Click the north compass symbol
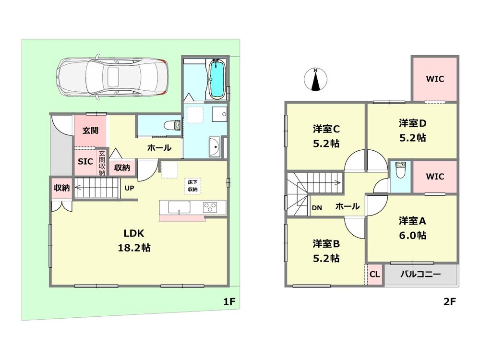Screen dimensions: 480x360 pos(315,80)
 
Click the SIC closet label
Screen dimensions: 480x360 pos(85,161)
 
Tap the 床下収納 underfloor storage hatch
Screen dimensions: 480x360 pos(192,186)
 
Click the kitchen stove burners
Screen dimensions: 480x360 pos(211,207)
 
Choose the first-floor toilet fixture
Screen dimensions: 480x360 pos(170,126)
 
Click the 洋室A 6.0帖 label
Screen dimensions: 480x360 pos(412,228)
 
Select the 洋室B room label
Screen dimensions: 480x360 pos(326,250)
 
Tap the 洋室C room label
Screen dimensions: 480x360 pos(326,136)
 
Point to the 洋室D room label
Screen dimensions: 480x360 pos(412,130)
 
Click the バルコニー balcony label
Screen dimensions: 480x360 pos(420,275)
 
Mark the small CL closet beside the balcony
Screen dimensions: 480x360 pos(375,275)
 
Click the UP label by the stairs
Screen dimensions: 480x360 pos(130,188)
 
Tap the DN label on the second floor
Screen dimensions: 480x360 pos(317,207)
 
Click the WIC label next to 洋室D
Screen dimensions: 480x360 pos(435,79)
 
